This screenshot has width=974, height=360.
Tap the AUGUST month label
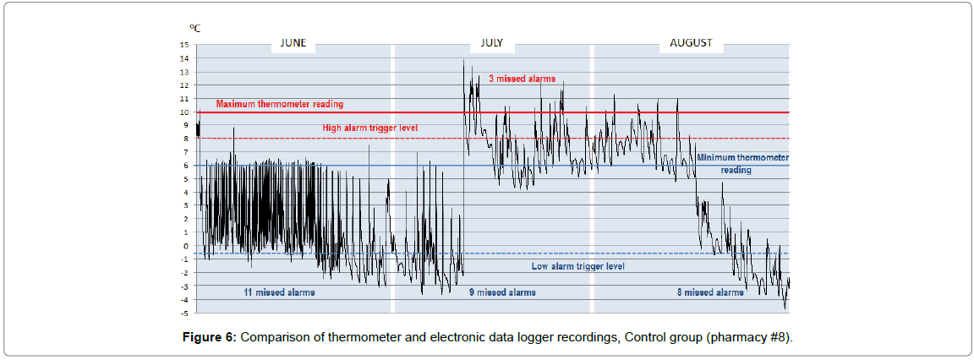691,42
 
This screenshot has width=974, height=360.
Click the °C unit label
194,29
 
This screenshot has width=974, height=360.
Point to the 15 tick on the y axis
184,45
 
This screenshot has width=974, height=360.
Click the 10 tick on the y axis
184,112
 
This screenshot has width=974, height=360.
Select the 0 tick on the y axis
187,246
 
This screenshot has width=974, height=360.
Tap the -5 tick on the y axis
185,313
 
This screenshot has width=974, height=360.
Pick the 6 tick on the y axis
187,166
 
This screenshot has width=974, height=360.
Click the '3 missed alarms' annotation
522,79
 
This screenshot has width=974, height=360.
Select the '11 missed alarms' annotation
279,292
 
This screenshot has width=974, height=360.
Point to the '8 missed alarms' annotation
709,292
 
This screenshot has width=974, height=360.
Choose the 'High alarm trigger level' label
370,128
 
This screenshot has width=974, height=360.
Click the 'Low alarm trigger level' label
577,266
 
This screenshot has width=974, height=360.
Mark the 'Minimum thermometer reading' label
741,163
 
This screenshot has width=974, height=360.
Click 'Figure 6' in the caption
211,338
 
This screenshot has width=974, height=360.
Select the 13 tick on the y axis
184,72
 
